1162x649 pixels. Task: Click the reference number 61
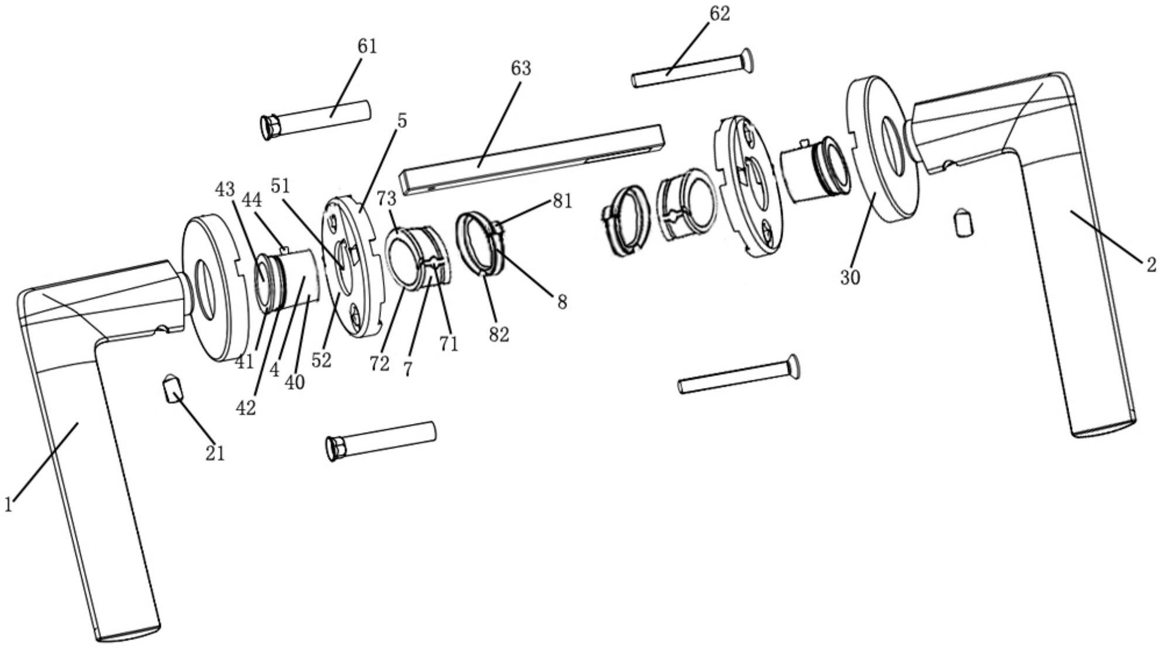point(367,46)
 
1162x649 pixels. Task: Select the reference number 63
point(521,68)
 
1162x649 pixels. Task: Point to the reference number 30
point(850,277)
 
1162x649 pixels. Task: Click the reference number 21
point(215,453)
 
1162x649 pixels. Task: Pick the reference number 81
point(562,201)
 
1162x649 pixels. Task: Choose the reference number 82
point(499,335)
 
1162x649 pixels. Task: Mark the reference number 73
point(386,199)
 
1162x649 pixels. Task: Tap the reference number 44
point(253,200)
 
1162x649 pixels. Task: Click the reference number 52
point(321,360)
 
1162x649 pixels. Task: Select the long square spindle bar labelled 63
point(532,159)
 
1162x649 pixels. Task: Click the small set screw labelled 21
point(172,388)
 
